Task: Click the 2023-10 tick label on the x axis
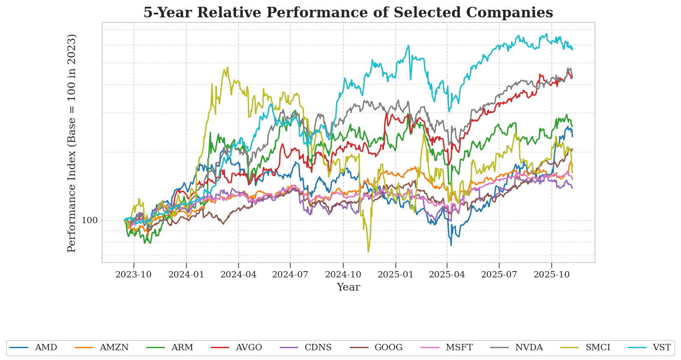point(133,274)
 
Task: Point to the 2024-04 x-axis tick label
point(239,274)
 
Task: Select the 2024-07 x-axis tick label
point(290,274)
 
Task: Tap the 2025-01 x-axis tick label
point(395,274)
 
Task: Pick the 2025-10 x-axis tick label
point(551,274)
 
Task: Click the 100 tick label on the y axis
point(89,220)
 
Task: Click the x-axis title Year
point(348,287)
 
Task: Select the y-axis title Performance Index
point(72,143)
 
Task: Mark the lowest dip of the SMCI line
point(368,252)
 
